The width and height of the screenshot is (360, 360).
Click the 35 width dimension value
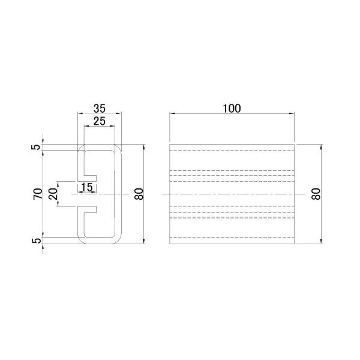100,109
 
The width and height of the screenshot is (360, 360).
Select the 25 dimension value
100,121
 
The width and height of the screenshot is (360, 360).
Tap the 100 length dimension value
232,109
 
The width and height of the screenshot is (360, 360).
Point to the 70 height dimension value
38,194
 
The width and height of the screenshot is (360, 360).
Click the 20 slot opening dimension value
53,194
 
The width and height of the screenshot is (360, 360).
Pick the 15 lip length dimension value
87,187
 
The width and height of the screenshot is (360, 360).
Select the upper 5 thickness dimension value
36,147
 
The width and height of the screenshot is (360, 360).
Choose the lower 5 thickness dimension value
37,241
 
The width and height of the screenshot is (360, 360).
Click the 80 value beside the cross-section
139,194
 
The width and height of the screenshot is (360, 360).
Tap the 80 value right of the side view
316,194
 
